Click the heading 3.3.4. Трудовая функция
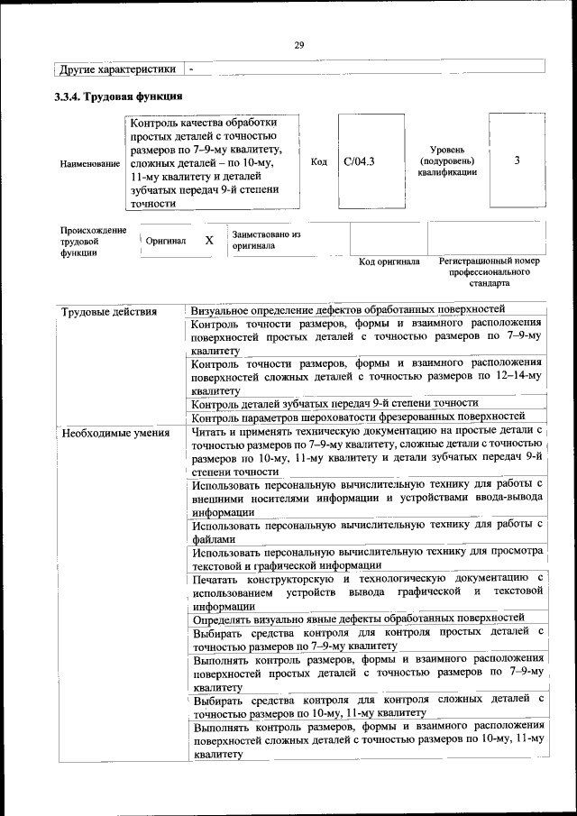pos(119,96)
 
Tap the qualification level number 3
pos(517,160)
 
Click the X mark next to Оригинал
pos(208,241)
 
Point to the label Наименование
pos(89,164)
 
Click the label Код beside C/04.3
pos(318,161)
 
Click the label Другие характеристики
pos(116,69)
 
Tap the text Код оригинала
pos(389,261)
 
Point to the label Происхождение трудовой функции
pos(93,241)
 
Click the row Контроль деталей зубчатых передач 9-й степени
pos(334,402)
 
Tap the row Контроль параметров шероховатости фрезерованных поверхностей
pos(358,417)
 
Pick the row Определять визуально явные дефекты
pos(358,618)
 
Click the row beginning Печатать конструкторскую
pos(367,591)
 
